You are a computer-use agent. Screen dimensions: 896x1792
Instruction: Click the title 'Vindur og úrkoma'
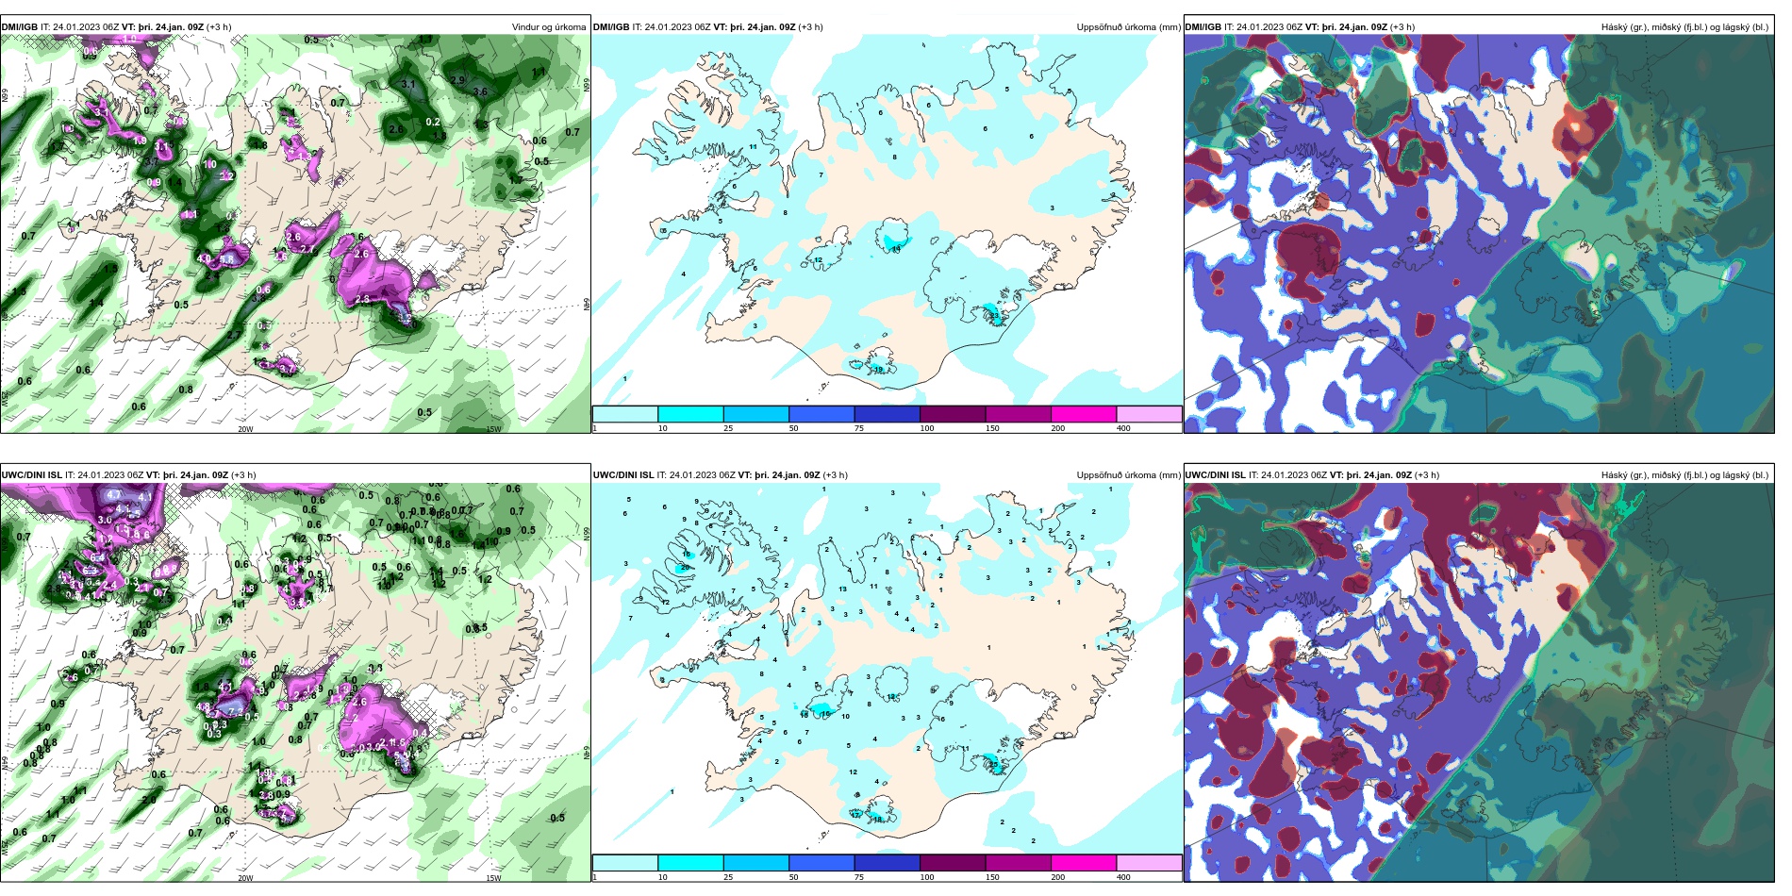[x=548, y=26]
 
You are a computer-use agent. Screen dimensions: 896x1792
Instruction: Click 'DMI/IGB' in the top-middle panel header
[x=610, y=26]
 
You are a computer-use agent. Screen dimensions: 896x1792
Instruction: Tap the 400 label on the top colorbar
[x=1123, y=428]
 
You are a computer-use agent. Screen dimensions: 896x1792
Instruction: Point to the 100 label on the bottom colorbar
[x=927, y=877]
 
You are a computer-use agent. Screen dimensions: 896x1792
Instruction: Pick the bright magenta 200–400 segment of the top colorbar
[x=1083, y=414]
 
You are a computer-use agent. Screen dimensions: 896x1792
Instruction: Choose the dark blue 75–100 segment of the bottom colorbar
[x=887, y=863]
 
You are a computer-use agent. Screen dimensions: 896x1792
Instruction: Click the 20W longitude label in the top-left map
[x=245, y=429]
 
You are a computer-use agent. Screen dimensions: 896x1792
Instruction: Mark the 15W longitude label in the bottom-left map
[x=493, y=878]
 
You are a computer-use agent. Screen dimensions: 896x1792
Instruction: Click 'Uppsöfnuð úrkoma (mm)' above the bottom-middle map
[x=1128, y=475]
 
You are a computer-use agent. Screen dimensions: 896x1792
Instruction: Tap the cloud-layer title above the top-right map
[x=1684, y=26]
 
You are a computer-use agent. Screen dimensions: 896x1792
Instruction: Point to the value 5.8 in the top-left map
[x=226, y=258]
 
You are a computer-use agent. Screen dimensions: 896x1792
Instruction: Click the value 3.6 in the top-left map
[x=480, y=91]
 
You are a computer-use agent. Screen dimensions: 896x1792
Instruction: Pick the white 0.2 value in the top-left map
[x=433, y=122]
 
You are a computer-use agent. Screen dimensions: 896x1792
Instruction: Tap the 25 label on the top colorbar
[x=728, y=428]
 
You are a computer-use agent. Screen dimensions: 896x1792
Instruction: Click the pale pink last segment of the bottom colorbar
[x=1148, y=863]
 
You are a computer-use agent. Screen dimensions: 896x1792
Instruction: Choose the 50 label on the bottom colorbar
[x=793, y=877]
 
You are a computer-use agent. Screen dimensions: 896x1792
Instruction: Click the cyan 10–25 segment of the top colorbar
[x=690, y=414]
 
